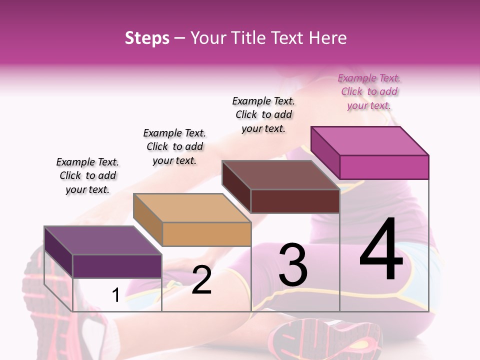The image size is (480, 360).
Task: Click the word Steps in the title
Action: click(147, 38)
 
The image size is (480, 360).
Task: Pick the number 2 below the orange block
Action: click(201, 280)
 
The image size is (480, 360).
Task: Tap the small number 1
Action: click(115, 295)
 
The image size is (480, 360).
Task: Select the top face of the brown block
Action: click(281, 175)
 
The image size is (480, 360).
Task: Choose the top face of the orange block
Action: click(192, 208)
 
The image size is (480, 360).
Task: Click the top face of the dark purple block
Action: click(103, 240)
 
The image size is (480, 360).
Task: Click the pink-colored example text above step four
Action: click(369, 92)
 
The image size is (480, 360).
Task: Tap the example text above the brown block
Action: click(263, 114)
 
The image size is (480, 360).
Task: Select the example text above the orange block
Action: click(174, 146)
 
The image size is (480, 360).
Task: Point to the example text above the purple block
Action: click(87, 175)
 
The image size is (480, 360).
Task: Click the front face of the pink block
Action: click(384, 167)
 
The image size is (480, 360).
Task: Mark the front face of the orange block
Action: click(206, 234)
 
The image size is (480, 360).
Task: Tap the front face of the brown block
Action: click(295, 201)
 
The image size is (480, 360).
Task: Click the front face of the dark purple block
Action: click(117, 266)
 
